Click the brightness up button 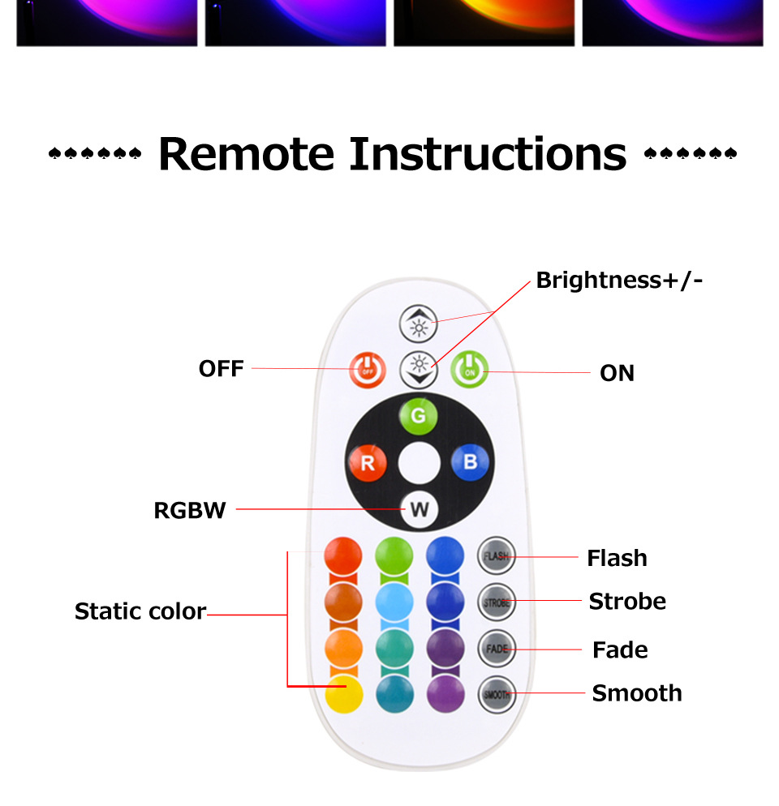pyautogui.click(x=419, y=324)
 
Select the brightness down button pyautogui.click(x=419, y=371)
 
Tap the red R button pyautogui.click(x=368, y=464)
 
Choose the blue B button pyautogui.click(x=470, y=464)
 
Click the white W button pyautogui.click(x=419, y=510)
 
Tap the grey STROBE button pyautogui.click(x=497, y=602)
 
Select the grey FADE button pyautogui.click(x=497, y=649)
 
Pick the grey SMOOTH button pyautogui.click(x=497, y=694)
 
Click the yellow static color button pyautogui.click(x=343, y=694)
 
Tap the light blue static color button pyautogui.click(x=394, y=602)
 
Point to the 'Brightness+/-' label pyautogui.click(x=619, y=281)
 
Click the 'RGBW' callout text pyautogui.click(x=190, y=511)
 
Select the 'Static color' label pyautogui.click(x=140, y=611)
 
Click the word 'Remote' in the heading pyautogui.click(x=246, y=153)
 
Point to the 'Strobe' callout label pyautogui.click(x=627, y=602)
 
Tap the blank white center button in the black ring pyautogui.click(x=419, y=464)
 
